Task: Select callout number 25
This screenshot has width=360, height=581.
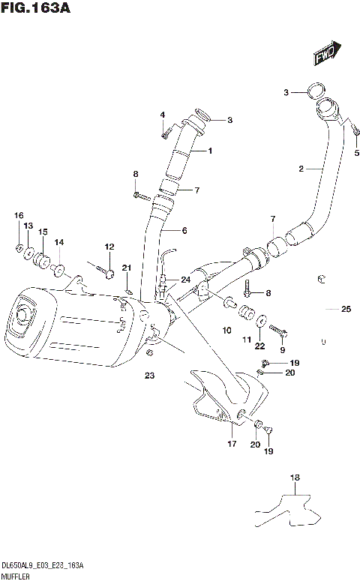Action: point(346,309)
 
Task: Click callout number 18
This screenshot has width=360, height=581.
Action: point(295,478)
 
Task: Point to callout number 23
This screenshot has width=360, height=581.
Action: point(149,376)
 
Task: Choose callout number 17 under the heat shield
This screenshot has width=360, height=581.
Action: point(231,444)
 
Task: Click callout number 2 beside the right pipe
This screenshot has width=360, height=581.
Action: point(300,169)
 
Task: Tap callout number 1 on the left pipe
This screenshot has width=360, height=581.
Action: point(210,151)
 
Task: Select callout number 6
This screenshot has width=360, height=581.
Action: point(184,230)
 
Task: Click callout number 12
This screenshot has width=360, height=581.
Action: point(109,247)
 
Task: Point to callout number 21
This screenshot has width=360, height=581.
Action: point(127,268)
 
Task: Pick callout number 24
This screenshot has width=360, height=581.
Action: point(185,280)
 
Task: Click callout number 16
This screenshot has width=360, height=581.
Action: point(19,216)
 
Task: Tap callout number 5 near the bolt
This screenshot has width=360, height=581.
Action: point(356,153)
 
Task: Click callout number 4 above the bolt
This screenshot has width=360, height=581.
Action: point(161,115)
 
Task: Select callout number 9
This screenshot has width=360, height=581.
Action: point(282,349)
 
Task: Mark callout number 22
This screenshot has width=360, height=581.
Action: point(259,346)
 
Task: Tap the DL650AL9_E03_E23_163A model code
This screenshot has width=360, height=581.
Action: point(42,565)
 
